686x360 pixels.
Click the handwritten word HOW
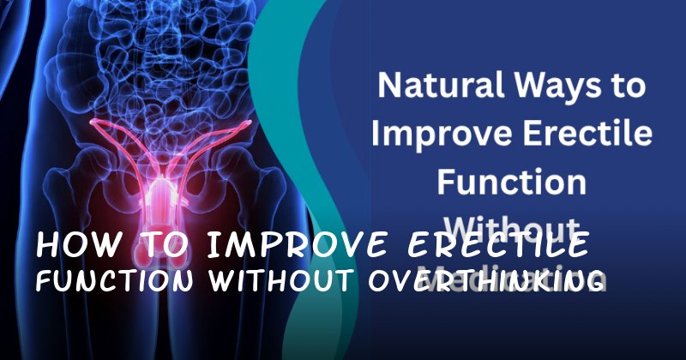click(73, 247)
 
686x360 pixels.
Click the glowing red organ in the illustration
click(163, 184)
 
